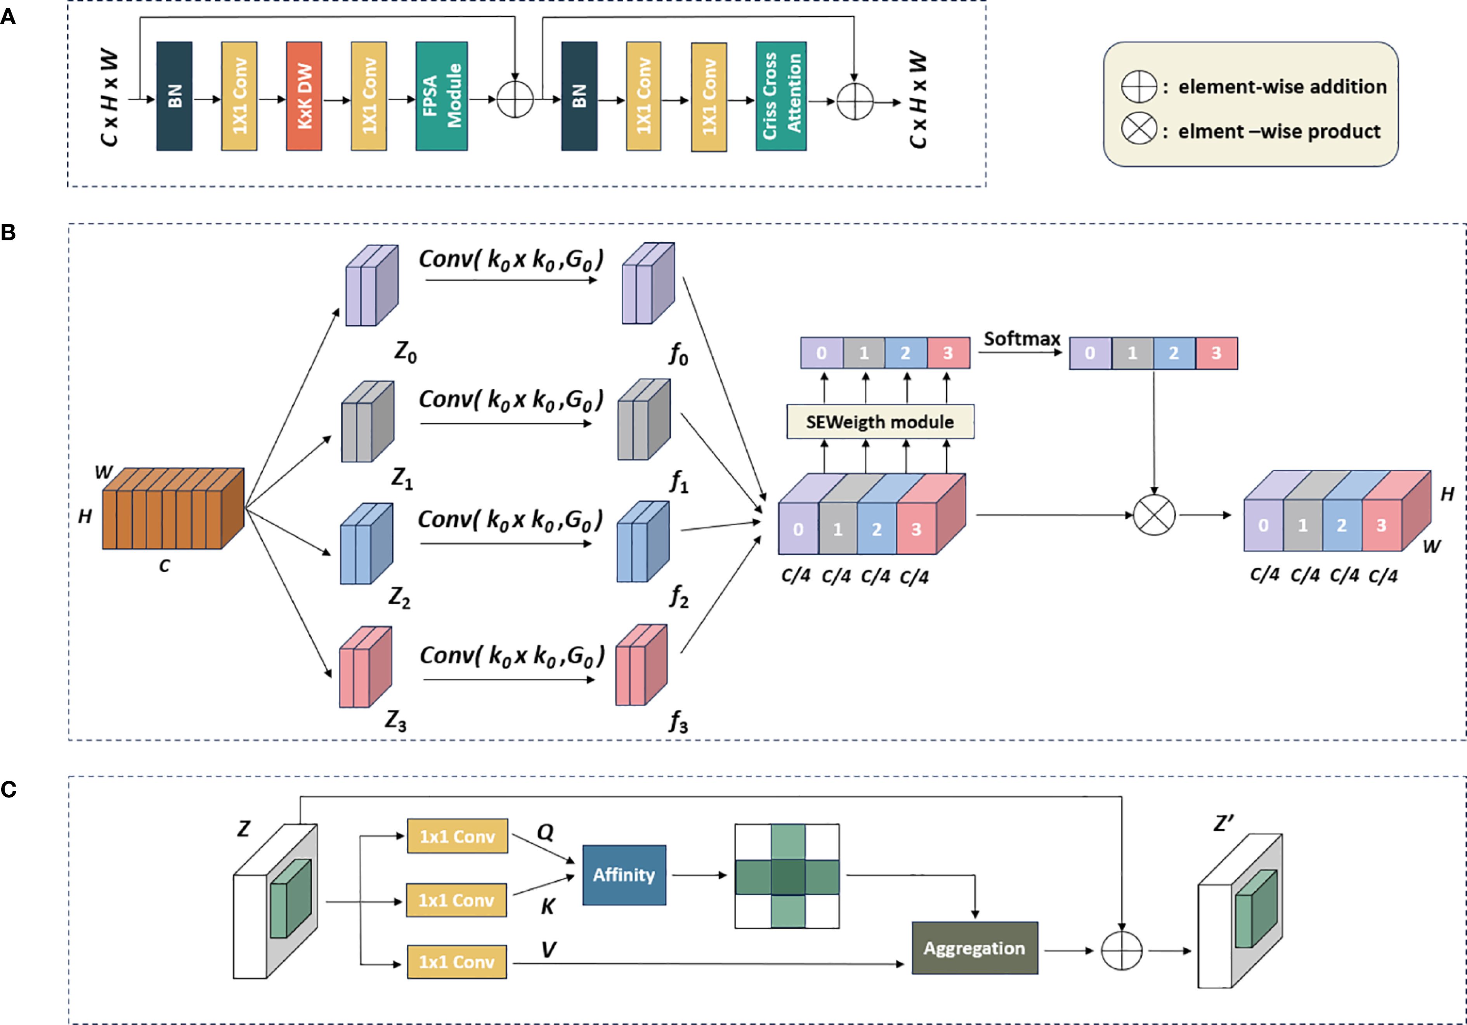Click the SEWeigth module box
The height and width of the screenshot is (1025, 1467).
click(x=880, y=422)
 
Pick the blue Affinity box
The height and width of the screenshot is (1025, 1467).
click(x=624, y=875)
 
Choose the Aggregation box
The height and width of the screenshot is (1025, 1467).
click(x=975, y=948)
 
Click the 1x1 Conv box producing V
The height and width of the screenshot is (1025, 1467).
click(x=457, y=962)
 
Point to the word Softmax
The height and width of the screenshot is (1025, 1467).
click(x=1021, y=339)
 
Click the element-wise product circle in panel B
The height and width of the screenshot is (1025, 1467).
click(x=1154, y=515)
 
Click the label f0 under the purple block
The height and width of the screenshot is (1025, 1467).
click(x=678, y=353)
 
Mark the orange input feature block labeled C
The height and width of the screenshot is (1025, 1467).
click(x=173, y=509)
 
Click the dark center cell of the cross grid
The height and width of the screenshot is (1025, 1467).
click(x=787, y=876)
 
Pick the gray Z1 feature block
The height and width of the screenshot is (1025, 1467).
click(x=368, y=422)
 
